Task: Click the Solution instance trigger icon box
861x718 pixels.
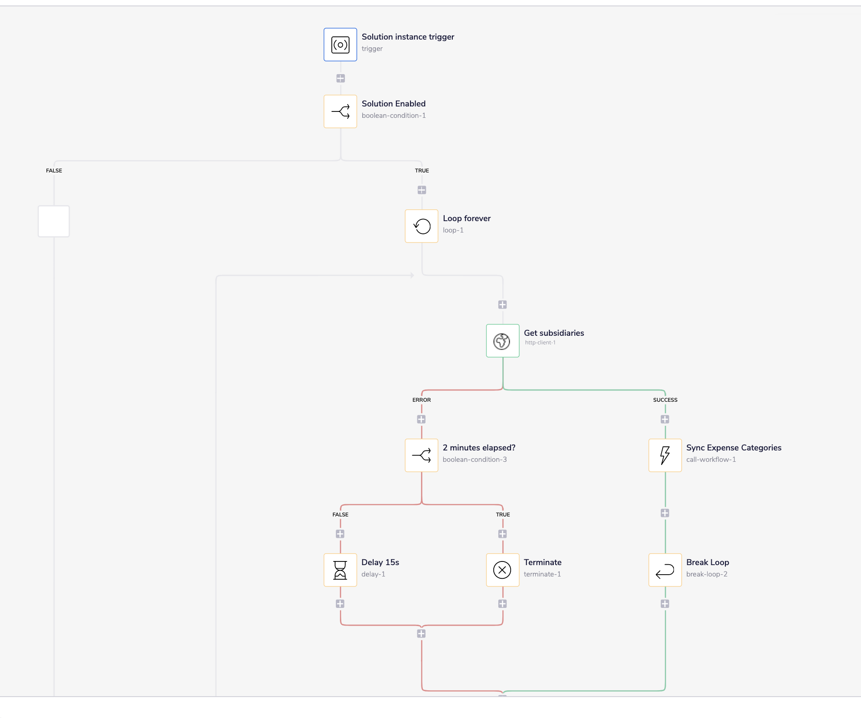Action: click(340, 45)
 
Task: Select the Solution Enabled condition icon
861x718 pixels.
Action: click(340, 111)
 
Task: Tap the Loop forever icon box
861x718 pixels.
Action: click(421, 226)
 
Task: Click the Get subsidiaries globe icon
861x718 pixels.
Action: click(502, 341)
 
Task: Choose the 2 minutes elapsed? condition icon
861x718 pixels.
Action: click(421, 455)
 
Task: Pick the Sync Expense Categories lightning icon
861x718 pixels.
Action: click(665, 455)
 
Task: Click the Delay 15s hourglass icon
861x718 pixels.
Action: click(340, 570)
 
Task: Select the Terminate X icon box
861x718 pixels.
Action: click(502, 570)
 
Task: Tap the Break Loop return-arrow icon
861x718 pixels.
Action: click(665, 570)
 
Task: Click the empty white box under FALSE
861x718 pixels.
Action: click(54, 221)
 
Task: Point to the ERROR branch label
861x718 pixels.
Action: click(421, 400)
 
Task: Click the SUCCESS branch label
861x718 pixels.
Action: click(665, 400)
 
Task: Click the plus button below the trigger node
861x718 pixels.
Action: click(340, 78)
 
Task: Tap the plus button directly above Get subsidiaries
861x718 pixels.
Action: click(502, 304)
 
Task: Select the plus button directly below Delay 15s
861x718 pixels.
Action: click(340, 604)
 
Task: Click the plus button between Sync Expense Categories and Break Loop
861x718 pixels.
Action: click(665, 513)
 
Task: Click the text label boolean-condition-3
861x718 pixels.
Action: click(475, 460)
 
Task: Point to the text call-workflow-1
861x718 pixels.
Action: click(711, 460)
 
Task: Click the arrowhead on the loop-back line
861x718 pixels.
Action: click(412, 275)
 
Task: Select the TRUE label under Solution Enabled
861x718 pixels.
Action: click(422, 171)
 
